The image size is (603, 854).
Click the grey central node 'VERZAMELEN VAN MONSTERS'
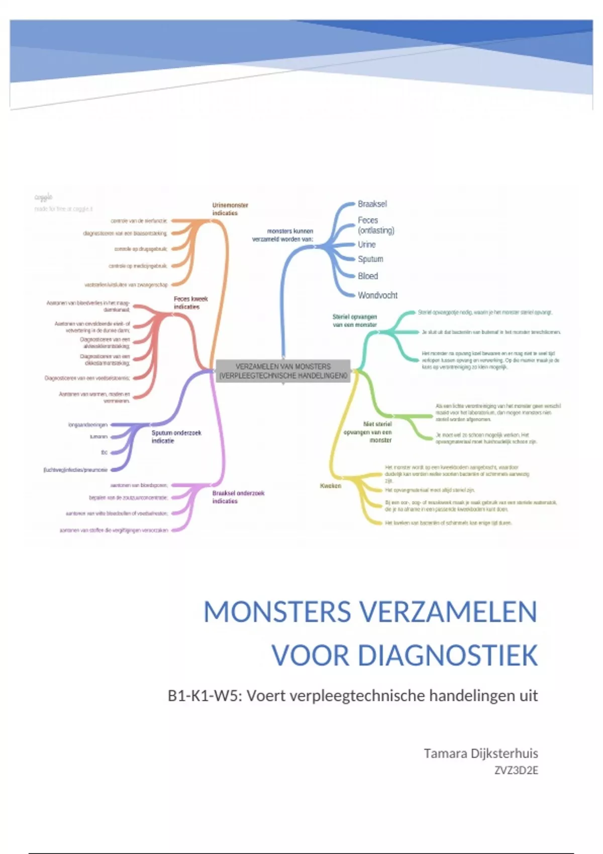pos(283,371)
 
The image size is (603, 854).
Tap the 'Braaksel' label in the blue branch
pos(372,204)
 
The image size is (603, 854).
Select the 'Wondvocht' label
pos(377,295)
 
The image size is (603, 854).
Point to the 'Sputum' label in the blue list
pos(370,259)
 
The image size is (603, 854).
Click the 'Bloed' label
pos(368,276)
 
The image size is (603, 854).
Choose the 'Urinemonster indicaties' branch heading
pos(230,209)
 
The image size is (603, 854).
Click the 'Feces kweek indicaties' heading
pos(190,302)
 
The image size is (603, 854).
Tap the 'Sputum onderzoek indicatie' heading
pos(176,437)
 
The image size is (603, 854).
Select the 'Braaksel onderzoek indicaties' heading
pos(238,497)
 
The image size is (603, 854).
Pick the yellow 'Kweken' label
pos(330,486)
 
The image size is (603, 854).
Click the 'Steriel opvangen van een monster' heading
pos(354,321)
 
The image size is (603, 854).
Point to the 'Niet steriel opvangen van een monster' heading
pos(368,432)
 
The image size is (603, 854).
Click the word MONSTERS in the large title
pos(277,612)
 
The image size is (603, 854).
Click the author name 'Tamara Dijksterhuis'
pos(480,754)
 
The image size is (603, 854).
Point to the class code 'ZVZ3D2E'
pos(516,771)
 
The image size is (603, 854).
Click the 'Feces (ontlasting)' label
pos(375,225)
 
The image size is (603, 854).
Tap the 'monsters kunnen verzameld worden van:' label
pos(282,235)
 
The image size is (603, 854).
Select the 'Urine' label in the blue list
pos(366,245)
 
